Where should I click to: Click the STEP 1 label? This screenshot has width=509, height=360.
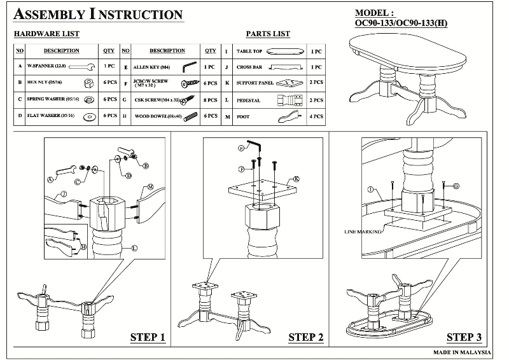pyautogui.click(x=148, y=337)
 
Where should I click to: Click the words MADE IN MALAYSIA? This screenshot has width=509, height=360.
pyautogui.click(x=463, y=352)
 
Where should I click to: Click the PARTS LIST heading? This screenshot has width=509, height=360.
pyautogui.click(x=268, y=34)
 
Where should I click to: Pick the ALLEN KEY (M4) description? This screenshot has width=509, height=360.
pyautogui.click(x=151, y=66)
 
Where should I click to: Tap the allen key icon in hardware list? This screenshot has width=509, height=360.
pyautogui.click(x=190, y=66)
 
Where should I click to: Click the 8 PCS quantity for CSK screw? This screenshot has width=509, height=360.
pyautogui.click(x=210, y=100)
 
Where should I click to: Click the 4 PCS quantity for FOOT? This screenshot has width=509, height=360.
pyautogui.click(x=316, y=116)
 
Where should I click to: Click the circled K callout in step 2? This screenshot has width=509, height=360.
pyautogui.click(x=296, y=180)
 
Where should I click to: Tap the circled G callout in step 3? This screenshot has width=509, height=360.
pyautogui.click(x=456, y=185)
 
